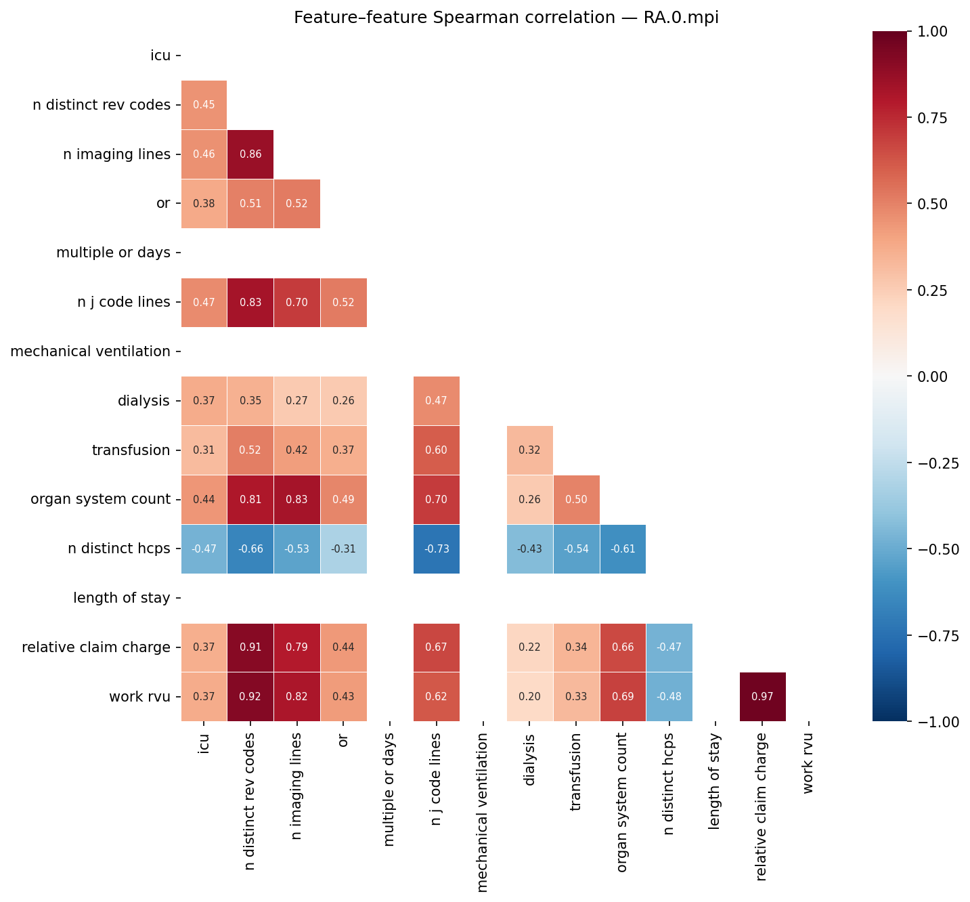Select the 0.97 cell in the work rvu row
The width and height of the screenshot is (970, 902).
click(x=762, y=697)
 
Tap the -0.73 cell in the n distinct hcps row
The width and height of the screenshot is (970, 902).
click(x=437, y=549)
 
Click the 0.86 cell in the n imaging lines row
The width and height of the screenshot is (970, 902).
click(x=250, y=154)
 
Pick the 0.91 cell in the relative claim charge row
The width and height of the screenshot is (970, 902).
click(x=250, y=647)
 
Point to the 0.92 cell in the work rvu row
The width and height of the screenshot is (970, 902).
click(x=250, y=697)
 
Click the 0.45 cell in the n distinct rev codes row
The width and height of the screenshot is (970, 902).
click(x=204, y=105)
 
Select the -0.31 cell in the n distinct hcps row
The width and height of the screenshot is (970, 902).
click(x=343, y=549)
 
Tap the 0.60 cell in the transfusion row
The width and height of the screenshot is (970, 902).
click(x=437, y=450)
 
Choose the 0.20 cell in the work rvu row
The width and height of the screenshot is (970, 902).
click(x=529, y=697)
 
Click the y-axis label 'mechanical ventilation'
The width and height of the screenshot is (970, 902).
click(x=91, y=351)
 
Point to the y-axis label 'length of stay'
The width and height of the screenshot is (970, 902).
click(x=122, y=598)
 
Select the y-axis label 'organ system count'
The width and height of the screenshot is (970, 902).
click(x=101, y=500)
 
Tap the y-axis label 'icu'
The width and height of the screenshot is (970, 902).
click(x=160, y=56)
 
